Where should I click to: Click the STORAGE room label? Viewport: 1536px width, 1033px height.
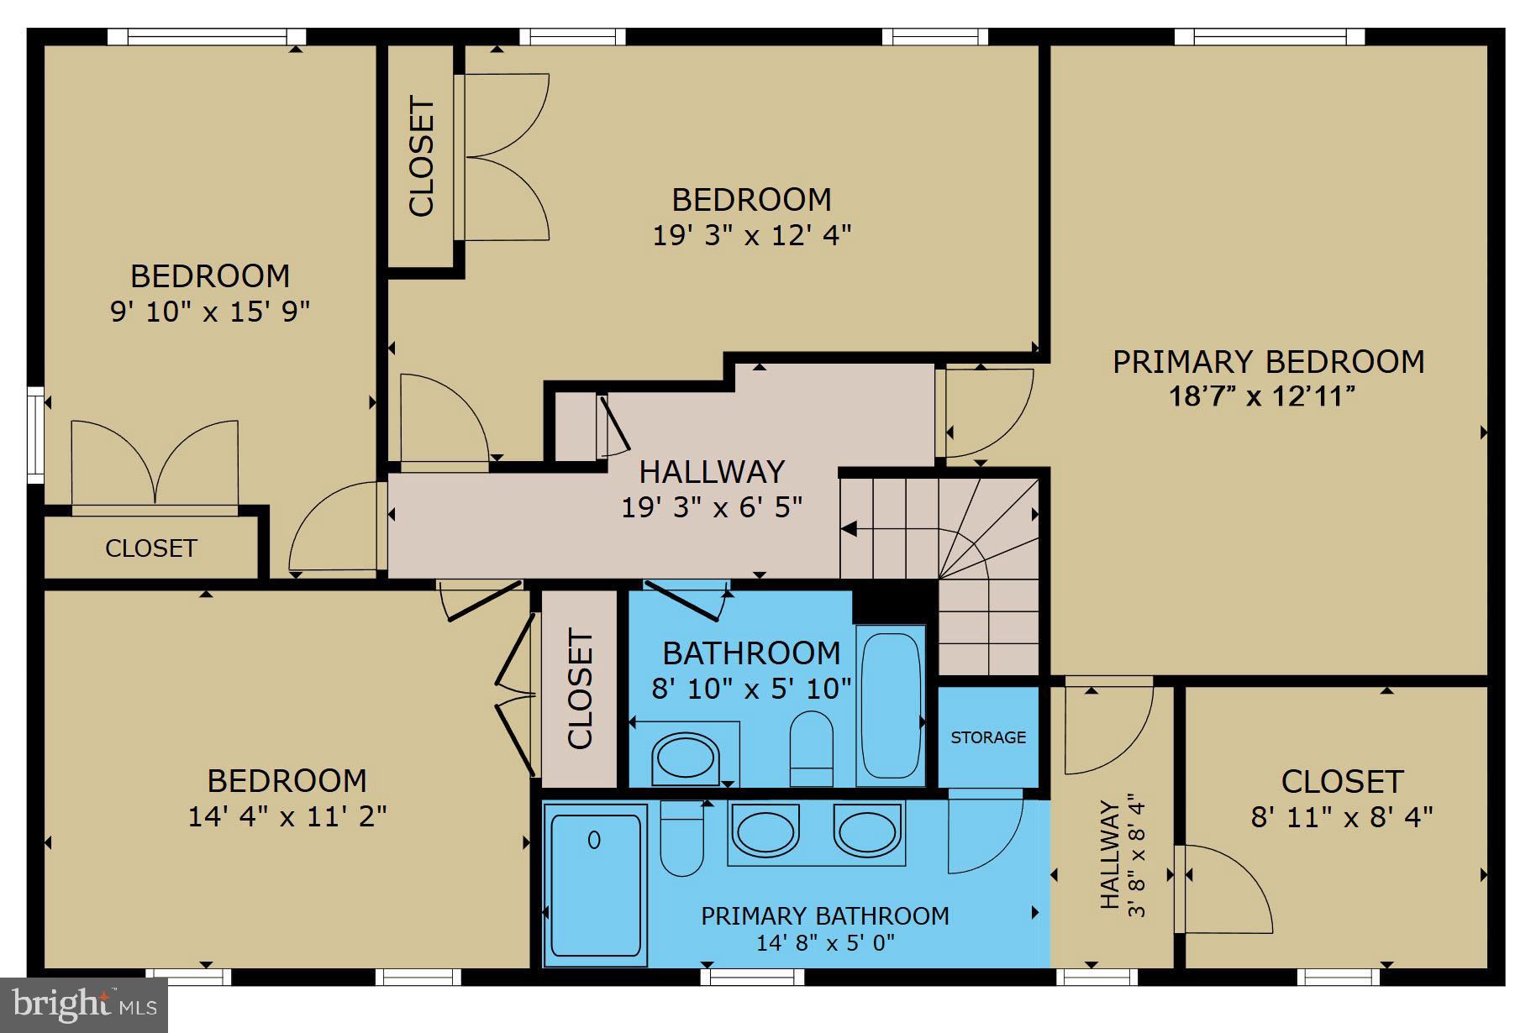[x=988, y=737]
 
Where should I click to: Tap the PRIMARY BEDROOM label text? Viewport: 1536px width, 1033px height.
[x=1268, y=362]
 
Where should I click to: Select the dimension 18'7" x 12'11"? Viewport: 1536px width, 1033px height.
[x=1262, y=396]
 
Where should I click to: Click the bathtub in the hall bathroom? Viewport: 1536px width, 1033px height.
[x=891, y=705]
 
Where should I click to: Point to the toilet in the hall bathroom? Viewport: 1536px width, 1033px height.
[x=812, y=747]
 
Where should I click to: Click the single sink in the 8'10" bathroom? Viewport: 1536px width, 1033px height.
[x=686, y=757]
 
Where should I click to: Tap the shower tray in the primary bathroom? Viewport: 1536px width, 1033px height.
[x=595, y=884]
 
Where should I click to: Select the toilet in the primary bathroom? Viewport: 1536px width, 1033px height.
[x=681, y=839]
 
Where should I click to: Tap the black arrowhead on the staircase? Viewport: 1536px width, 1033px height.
[x=849, y=529]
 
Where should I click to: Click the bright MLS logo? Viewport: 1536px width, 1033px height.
[x=84, y=1004]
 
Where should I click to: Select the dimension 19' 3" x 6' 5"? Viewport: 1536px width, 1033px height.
[x=712, y=507]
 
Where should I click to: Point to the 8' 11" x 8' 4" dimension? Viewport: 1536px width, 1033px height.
[x=1341, y=816]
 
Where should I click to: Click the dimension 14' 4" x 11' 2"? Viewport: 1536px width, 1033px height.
[x=287, y=816]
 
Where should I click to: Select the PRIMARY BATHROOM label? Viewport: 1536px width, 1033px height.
[x=825, y=915]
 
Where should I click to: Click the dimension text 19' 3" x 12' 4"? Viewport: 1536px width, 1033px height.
[x=752, y=235]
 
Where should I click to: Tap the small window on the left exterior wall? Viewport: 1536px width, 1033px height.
[x=34, y=435]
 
